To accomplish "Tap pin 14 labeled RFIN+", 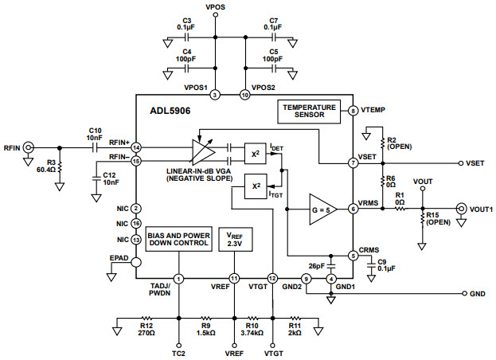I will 136,148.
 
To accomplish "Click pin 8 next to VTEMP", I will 352,112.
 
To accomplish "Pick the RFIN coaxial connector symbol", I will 29,147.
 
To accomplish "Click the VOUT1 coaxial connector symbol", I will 460,209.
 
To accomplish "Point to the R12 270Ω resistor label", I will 144,329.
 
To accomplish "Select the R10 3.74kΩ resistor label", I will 252,329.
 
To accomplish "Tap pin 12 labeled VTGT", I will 272,278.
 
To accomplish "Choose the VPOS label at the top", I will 215,6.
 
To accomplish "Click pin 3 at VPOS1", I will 215,95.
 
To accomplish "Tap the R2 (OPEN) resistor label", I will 398,143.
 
